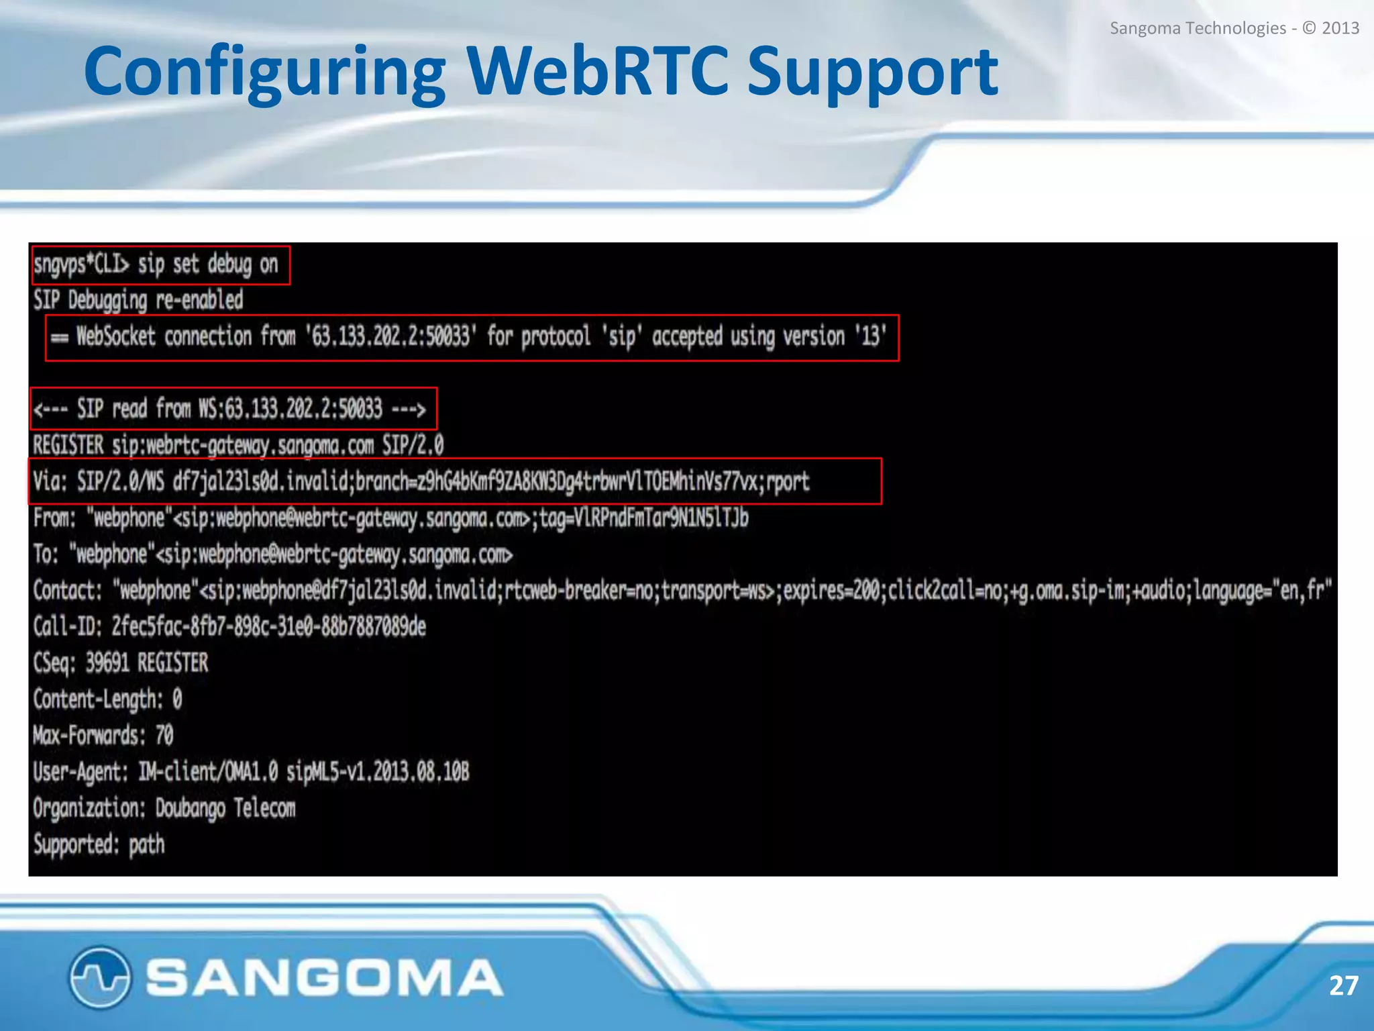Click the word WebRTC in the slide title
click(597, 71)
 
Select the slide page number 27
click(1343, 985)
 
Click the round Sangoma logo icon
click(99, 977)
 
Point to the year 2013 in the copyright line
click(1340, 28)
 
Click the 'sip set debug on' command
click(208, 264)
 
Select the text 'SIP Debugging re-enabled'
click(138, 300)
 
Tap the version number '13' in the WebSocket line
click(870, 336)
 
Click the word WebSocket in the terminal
click(115, 336)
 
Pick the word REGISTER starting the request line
click(68, 445)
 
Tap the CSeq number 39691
click(107, 662)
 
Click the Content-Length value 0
click(177, 699)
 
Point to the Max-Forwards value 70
click(164, 736)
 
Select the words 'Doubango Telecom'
click(225, 808)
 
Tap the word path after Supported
click(146, 844)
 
